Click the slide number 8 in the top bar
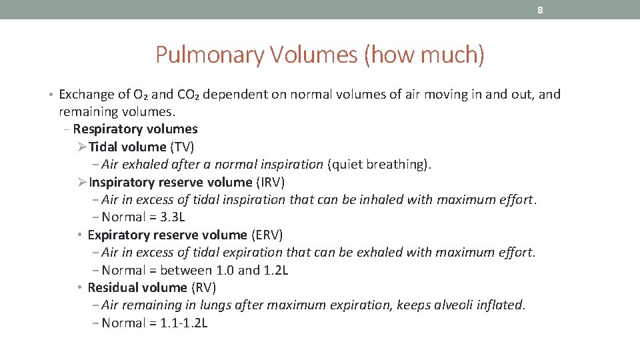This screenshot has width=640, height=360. click(540, 10)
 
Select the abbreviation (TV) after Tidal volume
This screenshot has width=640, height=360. click(182, 147)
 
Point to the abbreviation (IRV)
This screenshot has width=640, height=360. click(270, 182)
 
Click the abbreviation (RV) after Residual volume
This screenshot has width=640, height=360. click(203, 287)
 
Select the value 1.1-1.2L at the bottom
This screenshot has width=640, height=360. click(185, 323)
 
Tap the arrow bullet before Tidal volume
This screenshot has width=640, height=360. click(82, 147)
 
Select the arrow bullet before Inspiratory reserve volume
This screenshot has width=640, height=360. click(82, 182)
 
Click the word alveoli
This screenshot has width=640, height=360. click(457, 305)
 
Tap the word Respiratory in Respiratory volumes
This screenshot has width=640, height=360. click(105, 129)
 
